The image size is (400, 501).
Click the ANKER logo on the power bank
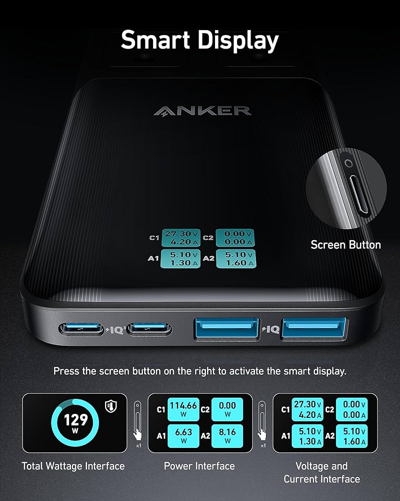click(202, 111)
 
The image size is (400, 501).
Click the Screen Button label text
click(345, 245)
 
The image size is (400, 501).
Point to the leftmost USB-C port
click(82, 329)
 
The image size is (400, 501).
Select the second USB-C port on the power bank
click(149, 329)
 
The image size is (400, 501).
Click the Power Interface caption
click(199, 466)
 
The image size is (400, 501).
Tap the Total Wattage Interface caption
click(73, 466)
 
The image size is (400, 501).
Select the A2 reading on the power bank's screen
click(234, 259)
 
